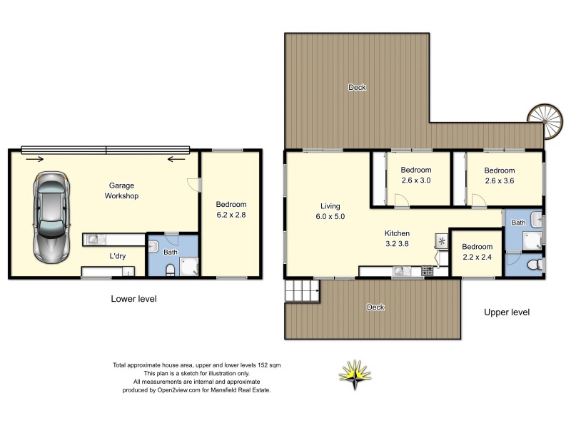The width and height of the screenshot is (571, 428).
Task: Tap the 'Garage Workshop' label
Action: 121,190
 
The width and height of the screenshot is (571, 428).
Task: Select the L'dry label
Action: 118,256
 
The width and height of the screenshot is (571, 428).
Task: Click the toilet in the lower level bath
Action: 169,269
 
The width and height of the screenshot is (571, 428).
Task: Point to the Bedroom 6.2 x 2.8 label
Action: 231,208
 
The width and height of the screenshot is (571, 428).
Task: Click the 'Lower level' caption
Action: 133,299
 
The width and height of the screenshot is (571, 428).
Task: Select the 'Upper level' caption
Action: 507,312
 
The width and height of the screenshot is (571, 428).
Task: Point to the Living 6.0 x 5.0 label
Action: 332,211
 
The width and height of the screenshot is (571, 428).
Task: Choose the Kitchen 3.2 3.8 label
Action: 397,238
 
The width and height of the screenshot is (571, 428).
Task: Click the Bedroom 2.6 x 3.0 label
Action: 415,175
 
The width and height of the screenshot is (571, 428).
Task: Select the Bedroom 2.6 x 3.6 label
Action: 499,175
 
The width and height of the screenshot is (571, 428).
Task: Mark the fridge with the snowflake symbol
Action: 442,242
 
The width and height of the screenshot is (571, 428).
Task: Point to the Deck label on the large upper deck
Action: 357,88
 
